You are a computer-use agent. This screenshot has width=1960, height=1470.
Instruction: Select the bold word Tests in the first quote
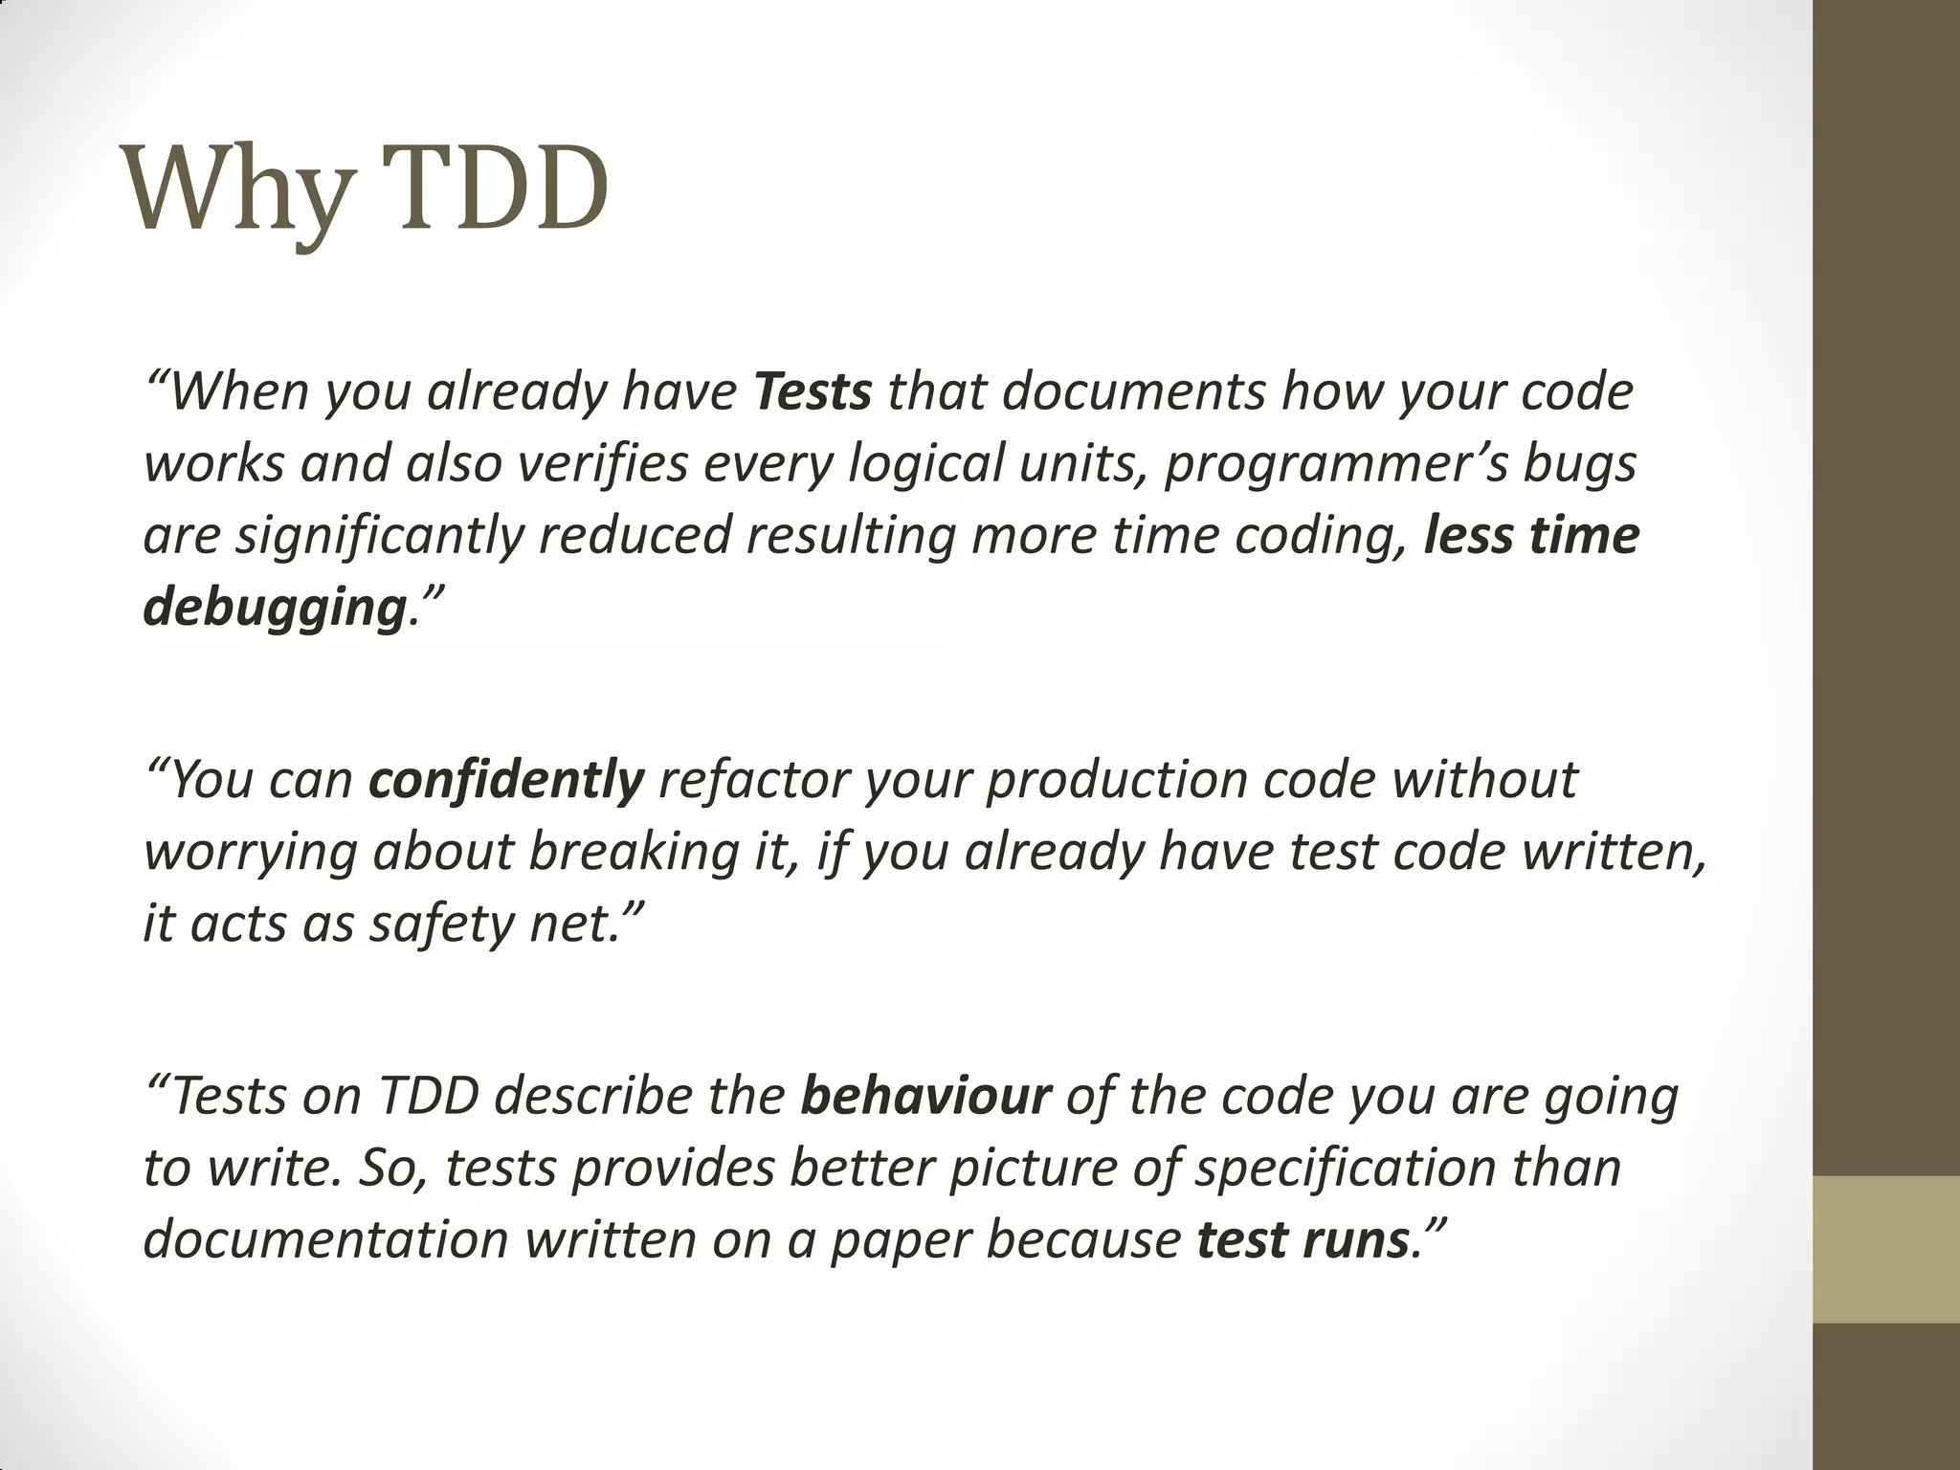[x=813, y=391]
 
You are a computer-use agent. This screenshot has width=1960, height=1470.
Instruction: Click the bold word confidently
[x=506, y=780]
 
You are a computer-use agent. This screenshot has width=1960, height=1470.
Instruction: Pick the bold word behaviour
[x=925, y=1096]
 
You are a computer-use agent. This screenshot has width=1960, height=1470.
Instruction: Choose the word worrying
[x=249, y=853]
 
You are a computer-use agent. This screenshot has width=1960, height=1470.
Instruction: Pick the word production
[x=1116, y=781]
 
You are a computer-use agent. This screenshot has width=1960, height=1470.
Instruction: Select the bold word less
[x=1469, y=535]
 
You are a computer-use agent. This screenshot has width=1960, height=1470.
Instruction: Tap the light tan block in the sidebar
[x=1885, y=1249]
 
